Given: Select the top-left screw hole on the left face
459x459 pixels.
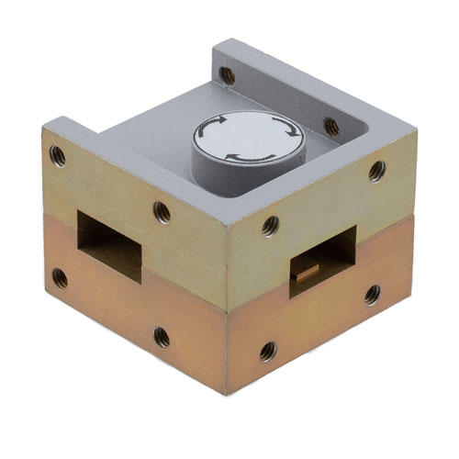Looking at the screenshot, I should click(x=58, y=153).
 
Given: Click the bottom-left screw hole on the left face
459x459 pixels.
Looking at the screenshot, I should click(x=60, y=274).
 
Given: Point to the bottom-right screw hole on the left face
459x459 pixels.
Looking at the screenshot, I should click(x=162, y=337).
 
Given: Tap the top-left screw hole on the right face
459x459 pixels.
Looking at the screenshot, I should click(x=269, y=223).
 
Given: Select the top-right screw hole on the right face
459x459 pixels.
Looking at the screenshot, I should click(x=376, y=169).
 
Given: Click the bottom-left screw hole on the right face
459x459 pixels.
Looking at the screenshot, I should click(x=267, y=350).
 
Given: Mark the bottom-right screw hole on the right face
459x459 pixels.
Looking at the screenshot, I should click(x=372, y=294).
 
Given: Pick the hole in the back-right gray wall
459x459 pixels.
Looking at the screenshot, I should click(x=331, y=126).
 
